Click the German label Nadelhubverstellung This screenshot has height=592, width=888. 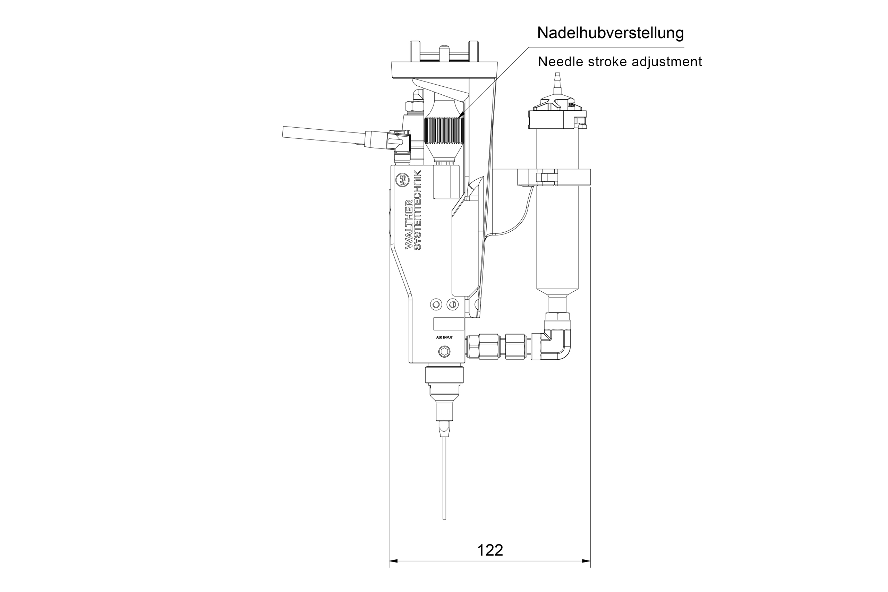[x=610, y=33]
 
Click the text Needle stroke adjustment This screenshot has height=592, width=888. [x=620, y=61]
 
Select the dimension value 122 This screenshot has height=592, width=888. [x=490, y=550]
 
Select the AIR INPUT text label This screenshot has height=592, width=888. [x=444, y=337]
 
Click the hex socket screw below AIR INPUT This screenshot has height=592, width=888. [x=444, y=352]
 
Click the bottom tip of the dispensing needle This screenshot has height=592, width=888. [x=444, y=518]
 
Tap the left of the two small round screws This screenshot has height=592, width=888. [x=436, y=304]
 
